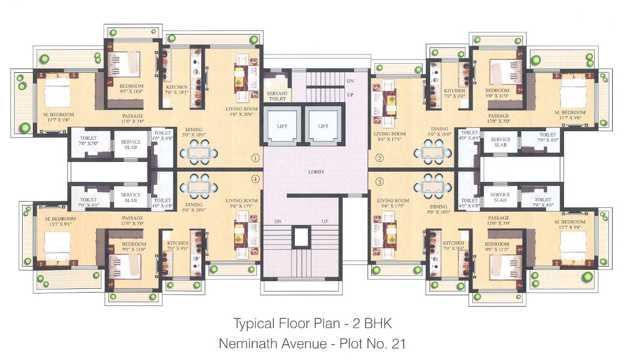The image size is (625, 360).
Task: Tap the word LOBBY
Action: coord(316,172)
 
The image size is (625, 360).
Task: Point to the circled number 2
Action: coord(379,158)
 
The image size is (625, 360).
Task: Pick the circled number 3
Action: coord(379,181)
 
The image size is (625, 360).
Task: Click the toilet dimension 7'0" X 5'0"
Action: coord(88,144)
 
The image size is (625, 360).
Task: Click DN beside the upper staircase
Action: coord(350,80)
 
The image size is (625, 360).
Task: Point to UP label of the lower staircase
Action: coord(325,222)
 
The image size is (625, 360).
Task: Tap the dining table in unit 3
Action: coord(431,186)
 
